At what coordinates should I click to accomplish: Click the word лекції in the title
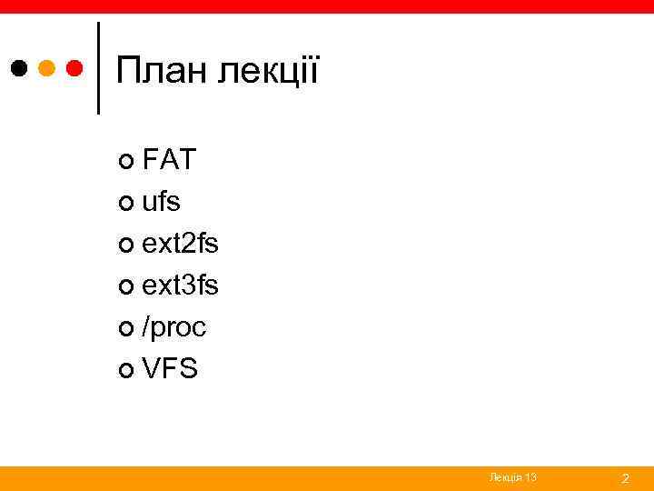point(268,72)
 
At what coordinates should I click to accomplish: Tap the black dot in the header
point(19,68)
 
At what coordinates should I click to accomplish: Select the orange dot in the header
point(48,68)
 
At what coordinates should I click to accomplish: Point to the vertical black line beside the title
point(98,68)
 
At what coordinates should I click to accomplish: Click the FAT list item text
point(169,160)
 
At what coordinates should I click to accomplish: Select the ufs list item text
point(161,202)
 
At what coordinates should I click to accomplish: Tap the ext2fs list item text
point(180,244)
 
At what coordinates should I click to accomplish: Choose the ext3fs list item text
point(180,286)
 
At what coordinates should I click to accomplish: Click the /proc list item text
point(173,327)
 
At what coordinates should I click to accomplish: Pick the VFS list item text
point(169,369)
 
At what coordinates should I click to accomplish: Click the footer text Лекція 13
point(512,477)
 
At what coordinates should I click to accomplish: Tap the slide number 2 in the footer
point(625,478)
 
